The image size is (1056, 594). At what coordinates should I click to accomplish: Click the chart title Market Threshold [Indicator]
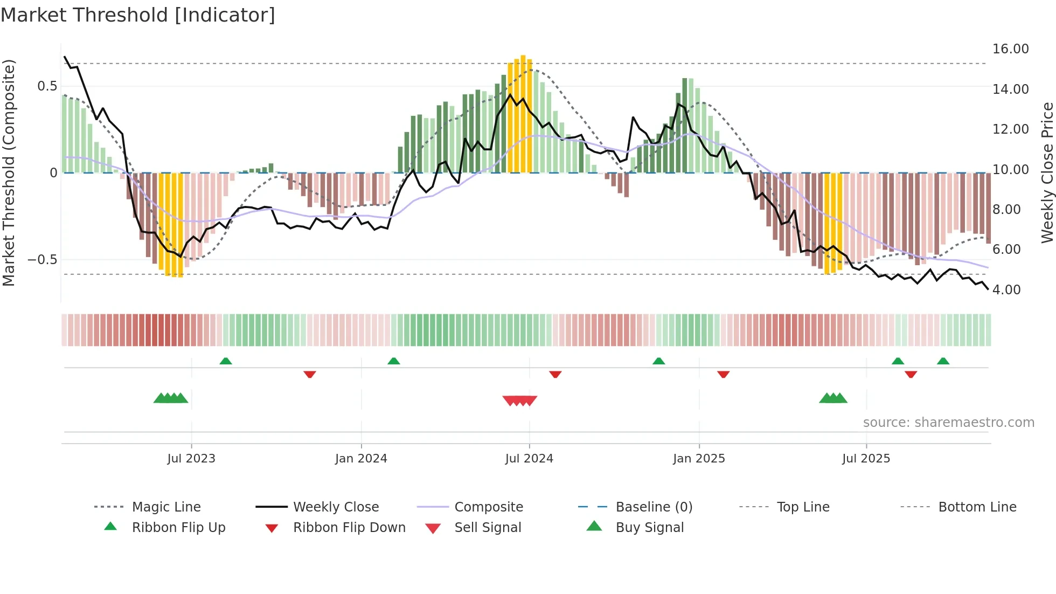coord(138,15)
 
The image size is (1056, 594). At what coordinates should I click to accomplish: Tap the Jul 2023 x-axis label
coord(191,459)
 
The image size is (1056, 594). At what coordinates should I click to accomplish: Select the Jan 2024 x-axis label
coord(361,459)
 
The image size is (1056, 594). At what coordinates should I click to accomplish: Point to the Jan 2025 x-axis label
coord(699,459)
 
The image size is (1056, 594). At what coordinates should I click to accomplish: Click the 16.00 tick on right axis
coord(1010,49)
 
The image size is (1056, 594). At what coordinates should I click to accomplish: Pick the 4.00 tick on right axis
coord(1006,290)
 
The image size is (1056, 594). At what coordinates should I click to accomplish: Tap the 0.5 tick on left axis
coord(47,86)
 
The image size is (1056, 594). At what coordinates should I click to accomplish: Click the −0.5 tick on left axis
coord(43,260)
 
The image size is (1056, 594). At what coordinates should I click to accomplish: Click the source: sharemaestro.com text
coord(948,423)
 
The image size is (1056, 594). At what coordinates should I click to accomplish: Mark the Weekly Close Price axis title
coord(1047,172)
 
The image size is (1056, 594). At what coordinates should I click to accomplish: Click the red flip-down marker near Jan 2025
coord(723,374)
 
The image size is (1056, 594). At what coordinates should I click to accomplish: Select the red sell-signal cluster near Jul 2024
coord(520,400)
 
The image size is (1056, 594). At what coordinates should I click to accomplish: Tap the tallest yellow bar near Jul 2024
coord(523,113)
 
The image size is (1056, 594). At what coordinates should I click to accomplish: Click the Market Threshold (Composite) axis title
coord(9,172)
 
